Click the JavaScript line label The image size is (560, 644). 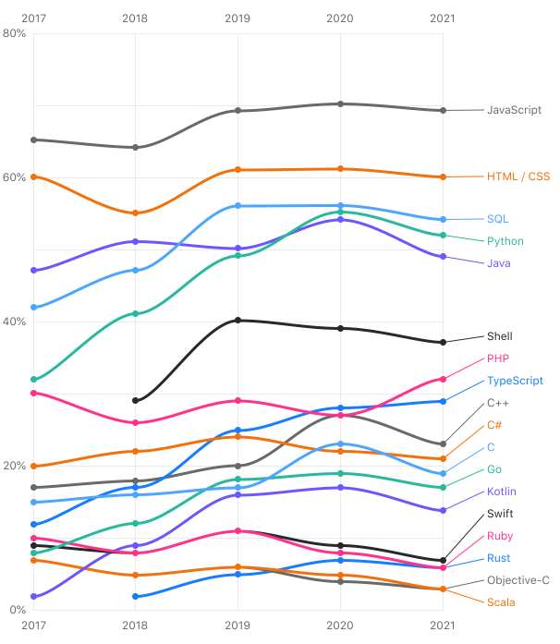(x=514, y=110)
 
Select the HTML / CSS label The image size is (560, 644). (x=518, y=176)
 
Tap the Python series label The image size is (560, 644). (x=505, y=241)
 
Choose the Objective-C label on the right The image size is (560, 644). (x=518, y=580)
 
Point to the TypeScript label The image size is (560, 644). (x=515, y=381)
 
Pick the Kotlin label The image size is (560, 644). (x=501, y=492)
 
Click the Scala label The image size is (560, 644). (x=501, y=602)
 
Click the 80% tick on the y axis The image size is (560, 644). (x=15, y=33)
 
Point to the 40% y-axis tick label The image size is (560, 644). (x=15, y=322)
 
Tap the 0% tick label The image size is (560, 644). (x=18, y=610)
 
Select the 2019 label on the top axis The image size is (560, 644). (x=237, y=18)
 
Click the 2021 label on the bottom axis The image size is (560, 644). (x=443, y=626)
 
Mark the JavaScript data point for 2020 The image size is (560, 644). (x=340, y=104)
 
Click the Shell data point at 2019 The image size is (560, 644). (x=237, y=321)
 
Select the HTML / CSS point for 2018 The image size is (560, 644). (x=135, y=213)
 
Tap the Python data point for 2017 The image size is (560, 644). (x=33, y=380)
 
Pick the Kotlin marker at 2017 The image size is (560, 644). (x=33, y=596)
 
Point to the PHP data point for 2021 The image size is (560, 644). (x=443, y=379)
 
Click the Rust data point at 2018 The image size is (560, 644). (x=135, y=596)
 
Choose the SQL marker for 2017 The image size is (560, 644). (x=33, y=307)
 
